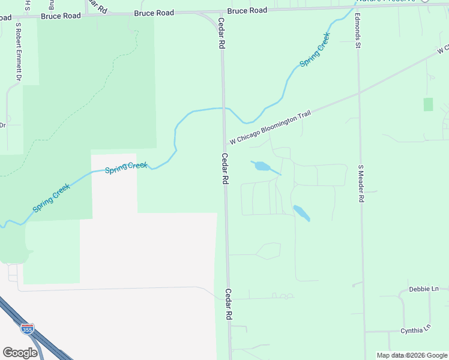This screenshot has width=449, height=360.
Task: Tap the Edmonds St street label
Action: coord(357,31)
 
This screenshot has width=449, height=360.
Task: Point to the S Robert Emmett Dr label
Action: coord(19,52)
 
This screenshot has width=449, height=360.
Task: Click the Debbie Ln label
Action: coord(423,289)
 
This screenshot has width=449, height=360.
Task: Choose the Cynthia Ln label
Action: coord(416,330)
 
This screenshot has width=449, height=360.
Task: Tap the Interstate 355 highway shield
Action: coord(27,328)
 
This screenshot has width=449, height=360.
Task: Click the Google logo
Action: coord(20,353)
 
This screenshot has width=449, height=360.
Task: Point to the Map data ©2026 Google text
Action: coord(412,355)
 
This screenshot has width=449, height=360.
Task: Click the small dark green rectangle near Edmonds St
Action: coord(428,104)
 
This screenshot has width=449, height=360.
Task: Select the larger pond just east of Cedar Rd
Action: coord(262,166)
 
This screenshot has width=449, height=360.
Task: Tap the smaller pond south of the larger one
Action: coord(301,212)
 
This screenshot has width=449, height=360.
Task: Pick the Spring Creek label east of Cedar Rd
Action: coord(315,50)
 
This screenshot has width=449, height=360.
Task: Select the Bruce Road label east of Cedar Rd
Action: coord(247,11)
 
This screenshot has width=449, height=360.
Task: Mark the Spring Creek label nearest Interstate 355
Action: coord(51,197)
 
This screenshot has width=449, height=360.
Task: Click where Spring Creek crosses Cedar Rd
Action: coord(223,108)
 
